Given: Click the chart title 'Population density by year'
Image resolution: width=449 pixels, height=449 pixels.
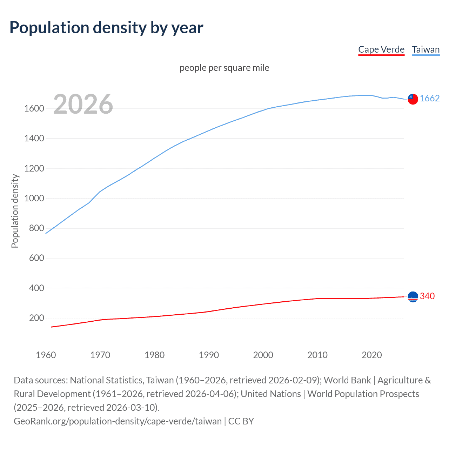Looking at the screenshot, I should (x=106, y=28).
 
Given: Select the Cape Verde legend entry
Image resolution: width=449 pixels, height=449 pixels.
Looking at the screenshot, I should (x=381, y=49).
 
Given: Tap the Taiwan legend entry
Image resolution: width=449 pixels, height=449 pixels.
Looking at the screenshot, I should (x=425, y=49).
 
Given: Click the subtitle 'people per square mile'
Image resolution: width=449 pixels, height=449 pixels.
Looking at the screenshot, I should (x=224, y=68).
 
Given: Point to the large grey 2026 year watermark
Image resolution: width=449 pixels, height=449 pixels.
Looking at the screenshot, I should (x=83, y=104).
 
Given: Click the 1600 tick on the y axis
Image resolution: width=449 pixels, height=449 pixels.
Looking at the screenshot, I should (x=34, y=108).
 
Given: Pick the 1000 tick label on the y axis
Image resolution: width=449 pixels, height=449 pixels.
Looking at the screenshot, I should (x=34, y=198).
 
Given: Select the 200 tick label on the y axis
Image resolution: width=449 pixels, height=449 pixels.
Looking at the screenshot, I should (x=36, y=318).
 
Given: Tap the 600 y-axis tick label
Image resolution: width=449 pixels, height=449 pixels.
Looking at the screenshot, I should (x=36, y=258).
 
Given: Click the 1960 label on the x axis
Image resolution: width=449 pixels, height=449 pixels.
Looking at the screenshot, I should (x=46, y=355).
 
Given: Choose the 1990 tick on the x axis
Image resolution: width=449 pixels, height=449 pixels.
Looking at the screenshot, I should (x=209, y=355).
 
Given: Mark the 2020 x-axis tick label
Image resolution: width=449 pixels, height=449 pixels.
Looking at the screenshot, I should (x=371, y=355).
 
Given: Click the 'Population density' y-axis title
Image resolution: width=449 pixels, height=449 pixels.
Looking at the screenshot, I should (x=15, y=211).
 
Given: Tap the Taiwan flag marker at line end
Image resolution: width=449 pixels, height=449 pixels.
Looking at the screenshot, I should (x=413, y=99).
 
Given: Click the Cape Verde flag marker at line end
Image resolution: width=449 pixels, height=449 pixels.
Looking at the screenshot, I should (x=413, y=297).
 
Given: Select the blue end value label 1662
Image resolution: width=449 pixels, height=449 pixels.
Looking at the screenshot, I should (x=429, y=98).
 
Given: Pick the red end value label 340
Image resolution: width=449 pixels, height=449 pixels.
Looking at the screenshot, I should (x=427, y=296).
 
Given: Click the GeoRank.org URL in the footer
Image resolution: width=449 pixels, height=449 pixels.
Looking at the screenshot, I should (x=118, y=421).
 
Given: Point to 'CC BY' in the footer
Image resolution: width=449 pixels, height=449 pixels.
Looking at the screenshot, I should (x=241, y=421).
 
